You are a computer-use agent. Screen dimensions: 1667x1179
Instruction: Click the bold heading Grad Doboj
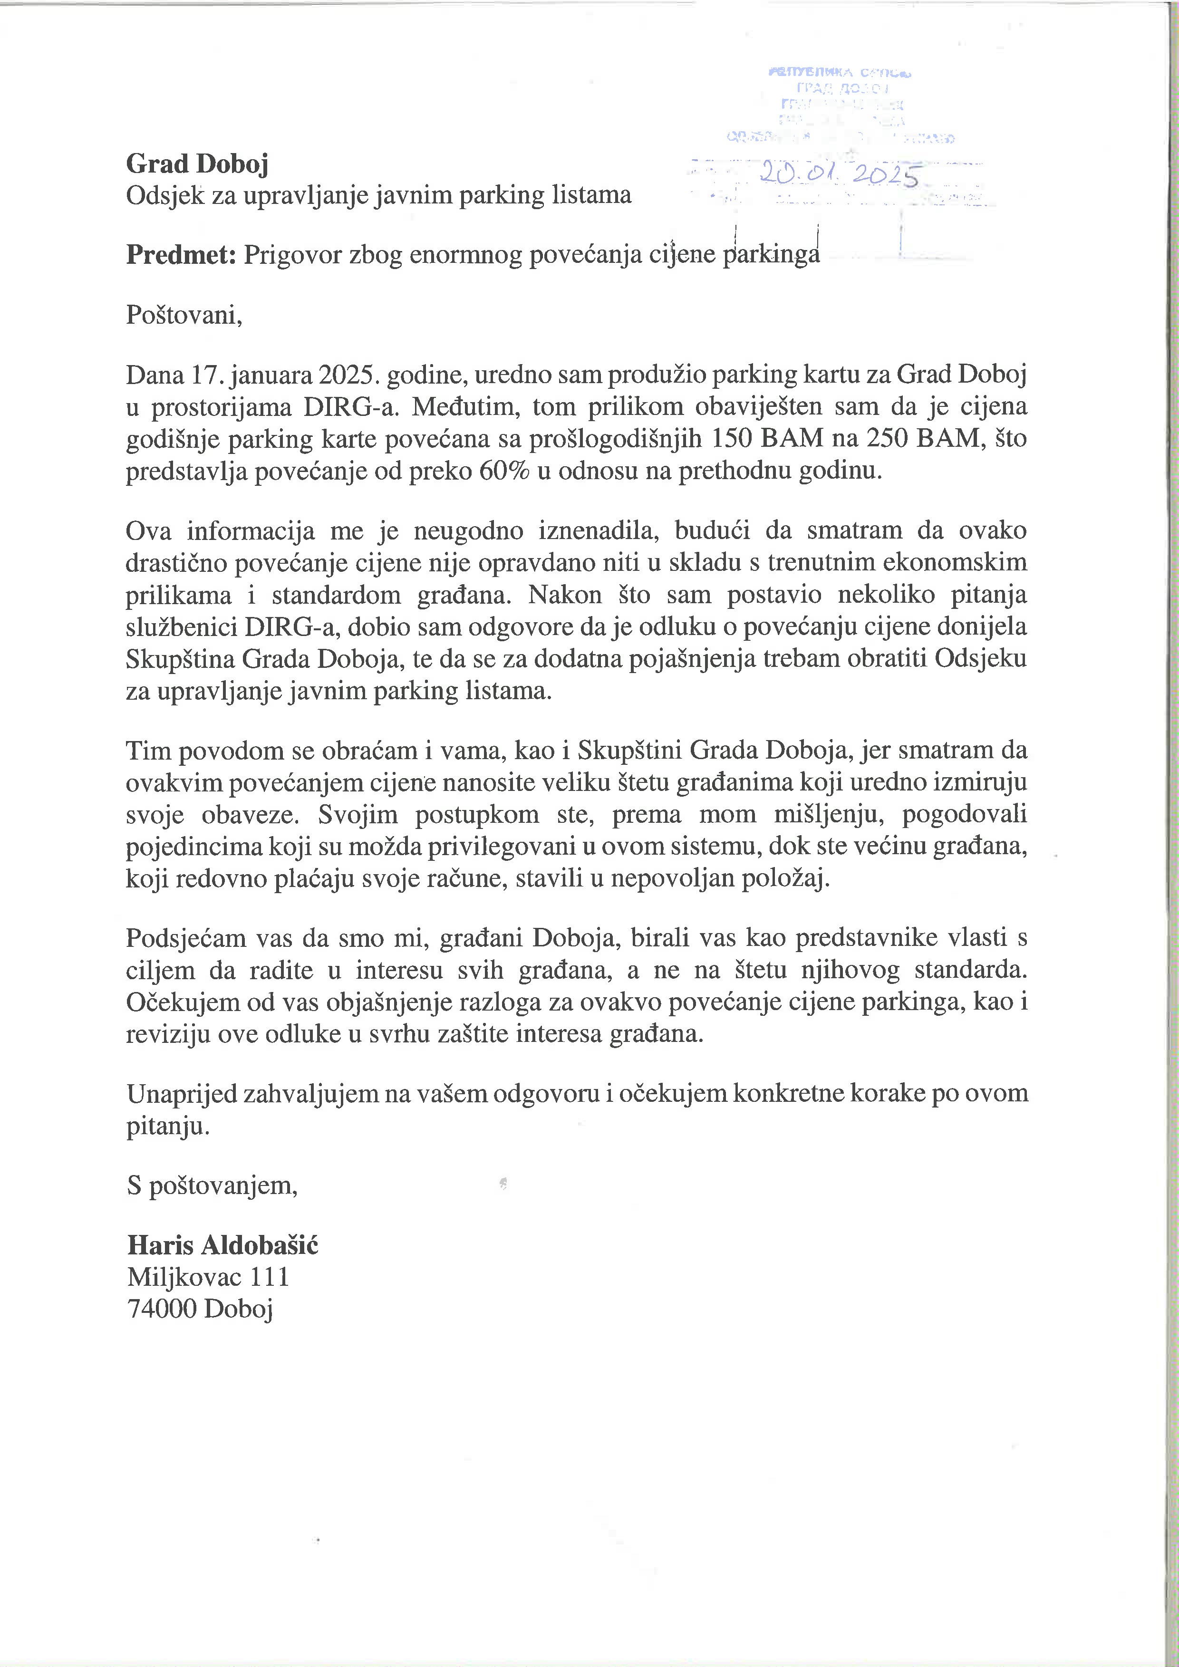[197, 164]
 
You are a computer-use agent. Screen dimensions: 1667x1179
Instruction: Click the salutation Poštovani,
[184, 315]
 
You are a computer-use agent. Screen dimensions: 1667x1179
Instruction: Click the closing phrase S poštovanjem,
[212, 1185]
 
